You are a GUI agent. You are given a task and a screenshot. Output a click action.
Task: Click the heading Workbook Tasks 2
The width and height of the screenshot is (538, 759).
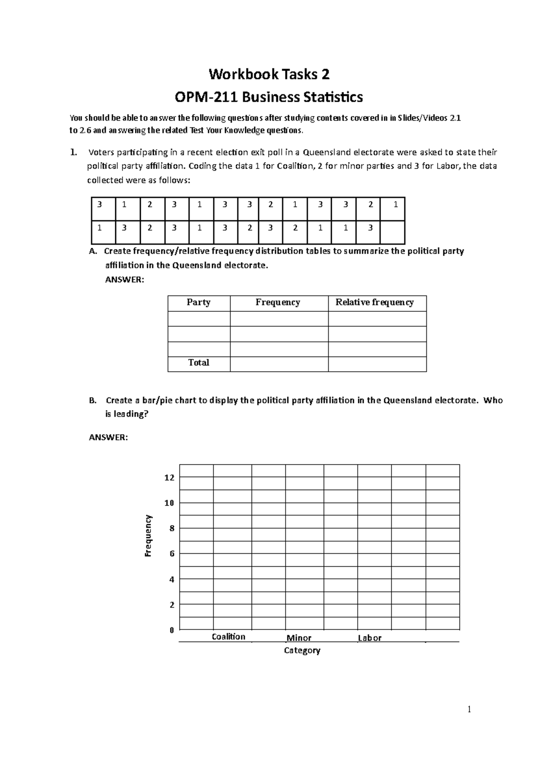click(x=269, y=74)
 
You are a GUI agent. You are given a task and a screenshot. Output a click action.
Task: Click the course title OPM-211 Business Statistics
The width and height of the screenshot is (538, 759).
click(x=269, y=97)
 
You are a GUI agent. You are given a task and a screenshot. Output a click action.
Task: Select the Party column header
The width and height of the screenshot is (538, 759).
click(x=199, y=302)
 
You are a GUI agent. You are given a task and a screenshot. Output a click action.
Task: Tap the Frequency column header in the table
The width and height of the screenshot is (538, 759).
click(x=278, y=302)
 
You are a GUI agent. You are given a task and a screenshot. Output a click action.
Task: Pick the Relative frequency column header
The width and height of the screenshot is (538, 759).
click(x=374, y=302)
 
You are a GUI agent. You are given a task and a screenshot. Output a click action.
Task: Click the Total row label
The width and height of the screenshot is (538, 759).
click(x=199, y=362)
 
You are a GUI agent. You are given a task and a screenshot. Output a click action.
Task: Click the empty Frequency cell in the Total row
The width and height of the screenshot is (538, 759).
click(x=279, y=364)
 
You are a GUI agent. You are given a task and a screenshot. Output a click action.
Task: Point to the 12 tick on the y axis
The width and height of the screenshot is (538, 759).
click(x=169, y=478)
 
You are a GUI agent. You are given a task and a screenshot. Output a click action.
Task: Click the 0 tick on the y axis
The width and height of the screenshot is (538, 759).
click(x=171, y=630)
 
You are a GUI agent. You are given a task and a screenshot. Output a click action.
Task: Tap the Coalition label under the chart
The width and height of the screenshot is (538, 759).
click(x=228, y=637)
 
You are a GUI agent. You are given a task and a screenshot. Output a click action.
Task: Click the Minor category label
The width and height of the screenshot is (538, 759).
click(x=299, y=638)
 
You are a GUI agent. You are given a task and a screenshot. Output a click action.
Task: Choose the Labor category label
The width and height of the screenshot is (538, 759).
click(x=369, y=638)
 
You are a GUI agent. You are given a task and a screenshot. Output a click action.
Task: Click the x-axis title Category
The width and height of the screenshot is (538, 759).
click(x=302, y=651)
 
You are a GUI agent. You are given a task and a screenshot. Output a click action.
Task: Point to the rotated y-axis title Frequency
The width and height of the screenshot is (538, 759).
click(x=148, y=535)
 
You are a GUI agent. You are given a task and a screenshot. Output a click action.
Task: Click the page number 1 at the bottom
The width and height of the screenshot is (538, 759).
click(x=469, y=709)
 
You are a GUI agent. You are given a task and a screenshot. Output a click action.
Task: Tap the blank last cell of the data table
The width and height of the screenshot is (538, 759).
click(x=392, y=232)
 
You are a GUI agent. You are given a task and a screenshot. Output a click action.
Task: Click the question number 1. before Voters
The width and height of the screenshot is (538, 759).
click(x=74, y=152)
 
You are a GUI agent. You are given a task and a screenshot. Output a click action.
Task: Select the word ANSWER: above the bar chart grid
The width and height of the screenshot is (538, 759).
click(x=108, y=437)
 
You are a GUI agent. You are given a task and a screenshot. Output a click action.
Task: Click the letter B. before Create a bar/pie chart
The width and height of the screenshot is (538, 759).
click(x=93, y=401)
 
